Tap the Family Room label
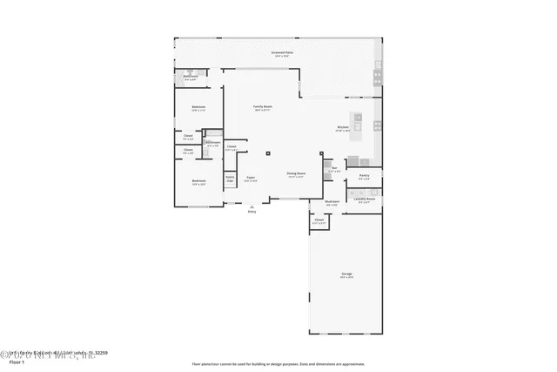click(x=262, y=107)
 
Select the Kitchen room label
click(x=343, y=129)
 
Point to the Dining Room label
click(x=296, y=174)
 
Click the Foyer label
click(x=250, y=178)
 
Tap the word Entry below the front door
click(x=252, y=211)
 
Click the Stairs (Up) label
click(x=231, y=179)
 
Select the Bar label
click(x=333, y=169)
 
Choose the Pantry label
click(x=364, y=176)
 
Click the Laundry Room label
click(x=364, y=199)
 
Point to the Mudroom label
click(x=332, y=202)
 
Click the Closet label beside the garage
click(x=319, y=221)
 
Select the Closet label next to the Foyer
click(x=232, y=147)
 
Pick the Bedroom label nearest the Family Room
click(x=198, y=108)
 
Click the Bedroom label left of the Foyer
click(x=199, y=182)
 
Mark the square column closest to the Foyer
click(x=268, y=154)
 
